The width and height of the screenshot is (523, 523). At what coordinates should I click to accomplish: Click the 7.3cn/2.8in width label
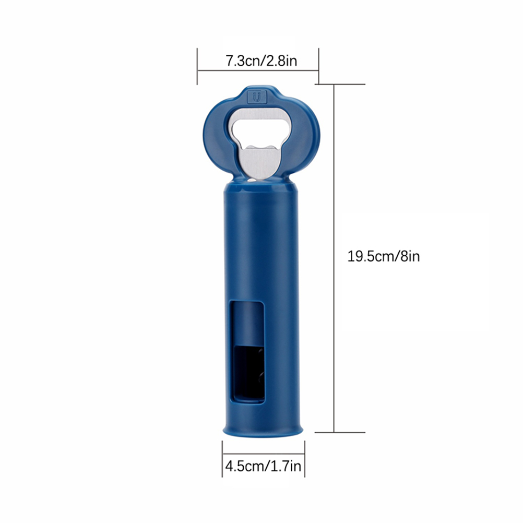click(x=261, y=61)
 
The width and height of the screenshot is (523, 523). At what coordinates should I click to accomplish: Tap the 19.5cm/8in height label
click(x=384, y=256)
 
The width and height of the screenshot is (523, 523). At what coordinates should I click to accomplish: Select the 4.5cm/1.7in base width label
click(x=263, y=466)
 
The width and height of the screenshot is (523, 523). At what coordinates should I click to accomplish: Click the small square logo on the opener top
click(x=257, y=97)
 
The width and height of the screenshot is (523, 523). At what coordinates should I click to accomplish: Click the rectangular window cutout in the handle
click(x=247, y=352)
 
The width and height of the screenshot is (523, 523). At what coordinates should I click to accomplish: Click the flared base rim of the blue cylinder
click(x=263, y=430)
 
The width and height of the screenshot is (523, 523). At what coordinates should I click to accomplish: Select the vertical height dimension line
click(x=334, y=258)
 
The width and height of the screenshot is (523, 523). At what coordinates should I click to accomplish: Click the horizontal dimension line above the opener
click(x=258, y=70)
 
